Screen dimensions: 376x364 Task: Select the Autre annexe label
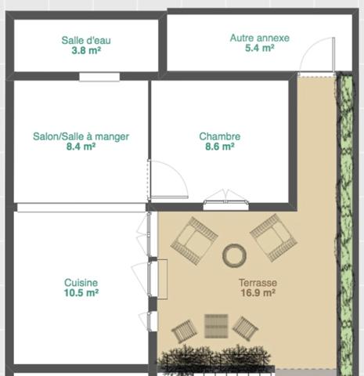[x=259, y=38]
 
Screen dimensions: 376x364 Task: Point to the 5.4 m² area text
[x=259, y=48]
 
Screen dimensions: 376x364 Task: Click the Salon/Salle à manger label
[x=81, y=136]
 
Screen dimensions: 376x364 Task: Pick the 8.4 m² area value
[x=81, y=146]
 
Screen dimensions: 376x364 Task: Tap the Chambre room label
[x=219, y=136]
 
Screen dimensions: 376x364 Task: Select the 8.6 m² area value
[x=219, y=146]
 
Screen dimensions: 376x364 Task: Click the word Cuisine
[x=81, y=283]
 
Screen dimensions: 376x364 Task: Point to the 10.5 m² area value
[x=81, y=293]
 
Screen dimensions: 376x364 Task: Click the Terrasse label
[x=258, y=284]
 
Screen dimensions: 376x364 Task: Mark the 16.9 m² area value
[x=258, y=294]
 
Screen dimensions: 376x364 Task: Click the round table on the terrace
[x=234, y=255]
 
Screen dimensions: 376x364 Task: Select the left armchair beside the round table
[x=193, y=240]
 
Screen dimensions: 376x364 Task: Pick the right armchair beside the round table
[x=274, y=237]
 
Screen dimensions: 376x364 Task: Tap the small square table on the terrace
[x=215, y=324]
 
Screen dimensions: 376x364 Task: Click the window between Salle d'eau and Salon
[x=99, y=76]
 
